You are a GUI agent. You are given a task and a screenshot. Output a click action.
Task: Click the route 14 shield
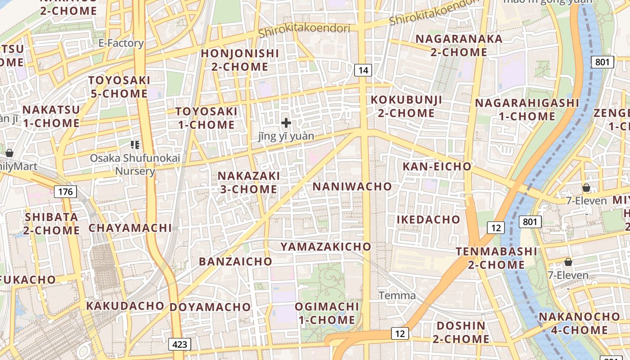pyautogui.click(x=363, y=70)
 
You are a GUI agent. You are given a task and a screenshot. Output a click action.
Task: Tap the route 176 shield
pyautogui.click(x=65, y=192)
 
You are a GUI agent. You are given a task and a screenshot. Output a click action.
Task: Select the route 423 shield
pyautogui.click(x=180, y=345)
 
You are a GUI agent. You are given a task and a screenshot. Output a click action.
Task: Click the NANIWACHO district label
pyautogui.click(x=352, y=186)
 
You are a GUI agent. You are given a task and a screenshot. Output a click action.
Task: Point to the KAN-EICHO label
pyautogui.click(x=436, y=166)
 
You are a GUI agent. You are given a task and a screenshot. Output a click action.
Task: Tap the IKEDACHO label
pyautogui.click(x=428, y=220)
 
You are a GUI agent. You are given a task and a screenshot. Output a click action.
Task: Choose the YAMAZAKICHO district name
pyautogui.click(x=326, y=247)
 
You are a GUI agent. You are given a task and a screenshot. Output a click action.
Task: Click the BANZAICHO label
pyautogui.click(x=235, y=261)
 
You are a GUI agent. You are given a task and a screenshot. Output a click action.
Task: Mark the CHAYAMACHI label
pyautogui.click(x=130, y=228)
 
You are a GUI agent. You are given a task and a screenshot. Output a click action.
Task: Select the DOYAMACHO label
pyautogui.click(x=210, y=307)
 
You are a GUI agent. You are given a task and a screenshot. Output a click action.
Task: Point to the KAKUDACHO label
pyautogui.click(x=125, y=306)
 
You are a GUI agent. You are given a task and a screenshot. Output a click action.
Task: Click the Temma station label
pyautogui.click(x=397, y=296)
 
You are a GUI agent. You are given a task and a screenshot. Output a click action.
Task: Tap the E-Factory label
pyautogui.click(x=121, y=43)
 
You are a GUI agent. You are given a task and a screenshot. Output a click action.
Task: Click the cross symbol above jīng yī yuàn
pyautogui.click(x=286, y=122)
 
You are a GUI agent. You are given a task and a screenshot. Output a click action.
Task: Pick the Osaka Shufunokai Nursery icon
pyautogui.click(x=135, y=144)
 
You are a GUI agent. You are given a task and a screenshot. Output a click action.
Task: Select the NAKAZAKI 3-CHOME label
pyautogui.click(x=249, y=182)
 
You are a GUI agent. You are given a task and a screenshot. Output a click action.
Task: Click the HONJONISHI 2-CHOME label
pyautogui.click(x=240, y=60)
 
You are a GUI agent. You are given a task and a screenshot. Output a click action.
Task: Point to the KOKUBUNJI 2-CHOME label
pyautogui.click(x=406, y=106)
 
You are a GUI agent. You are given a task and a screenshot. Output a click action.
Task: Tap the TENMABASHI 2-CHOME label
pyautogui.click(x=496, y=258)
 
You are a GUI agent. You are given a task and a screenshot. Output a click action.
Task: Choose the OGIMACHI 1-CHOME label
pyautogui.click(x=327, y=313)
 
